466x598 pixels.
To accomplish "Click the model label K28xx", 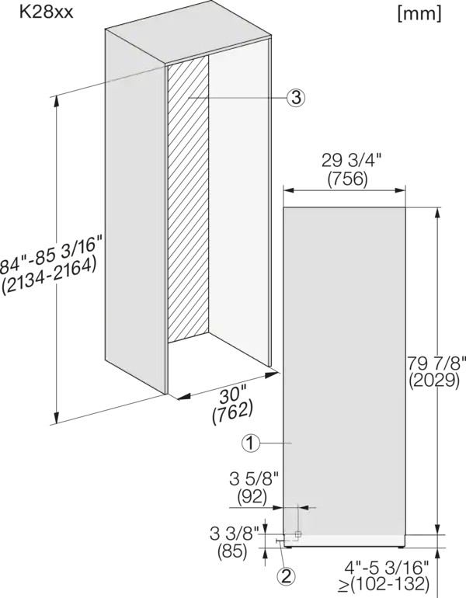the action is click(x=46, y=12).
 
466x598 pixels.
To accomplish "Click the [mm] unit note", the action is click(x=419, y=14).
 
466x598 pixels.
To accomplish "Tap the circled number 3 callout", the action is click(x=296, y=97).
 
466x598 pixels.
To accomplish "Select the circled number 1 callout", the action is click(x=250, y=443).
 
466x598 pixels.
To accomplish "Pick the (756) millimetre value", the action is click(x=347, y=179).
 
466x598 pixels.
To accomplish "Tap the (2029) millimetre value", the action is click(x=433, y=380).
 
